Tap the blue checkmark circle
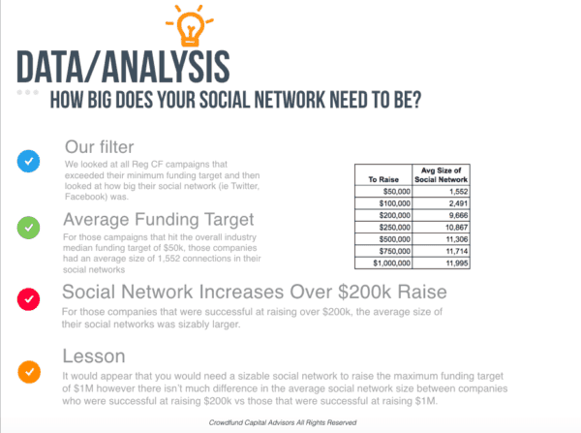coord(28,161)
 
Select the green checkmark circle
coord(28,228)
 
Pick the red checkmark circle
coord(28,299)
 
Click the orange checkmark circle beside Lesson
coord(29,372)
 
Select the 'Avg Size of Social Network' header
coord(441,175)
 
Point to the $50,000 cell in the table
coord(383,191)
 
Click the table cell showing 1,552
coord(441,191)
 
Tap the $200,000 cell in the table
coord(383,215)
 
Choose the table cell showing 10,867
coord(441,228)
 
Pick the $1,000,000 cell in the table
coord(383,263)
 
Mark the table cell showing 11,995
coord(441,263)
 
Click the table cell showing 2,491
coord(441,203)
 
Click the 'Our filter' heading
coord(100,147)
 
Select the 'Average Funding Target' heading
coord(159,220)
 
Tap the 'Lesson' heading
coord(94,356)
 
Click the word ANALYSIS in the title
coord(166,67)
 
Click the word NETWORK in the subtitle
coord(290,100)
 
